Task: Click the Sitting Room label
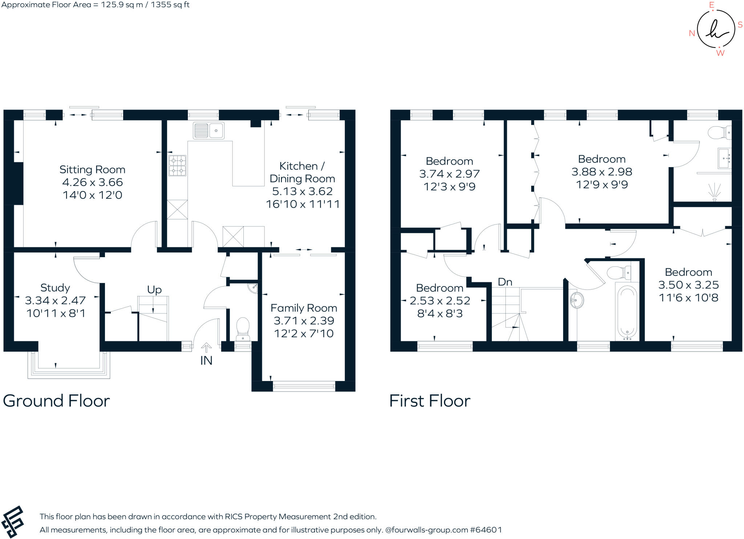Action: (92, 170)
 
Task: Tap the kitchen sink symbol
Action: (209, 130)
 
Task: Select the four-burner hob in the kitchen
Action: (177, 166)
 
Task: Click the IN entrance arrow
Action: (206, 348)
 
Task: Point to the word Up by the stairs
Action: (154, 290)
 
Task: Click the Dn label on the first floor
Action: (505, 282)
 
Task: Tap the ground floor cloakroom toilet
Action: (243, 328)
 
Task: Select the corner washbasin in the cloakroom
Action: (253, 288)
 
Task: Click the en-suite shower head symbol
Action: (714, 192)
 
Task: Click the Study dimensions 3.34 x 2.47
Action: (55, 300)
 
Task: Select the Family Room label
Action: (304, 308)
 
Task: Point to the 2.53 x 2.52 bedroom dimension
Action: (440, 301)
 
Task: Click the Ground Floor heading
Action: (56, 401)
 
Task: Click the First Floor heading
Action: (430, 401)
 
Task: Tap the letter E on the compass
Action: (711, 5)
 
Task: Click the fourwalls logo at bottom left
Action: (12, 522)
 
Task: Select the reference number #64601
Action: (486, 530)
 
